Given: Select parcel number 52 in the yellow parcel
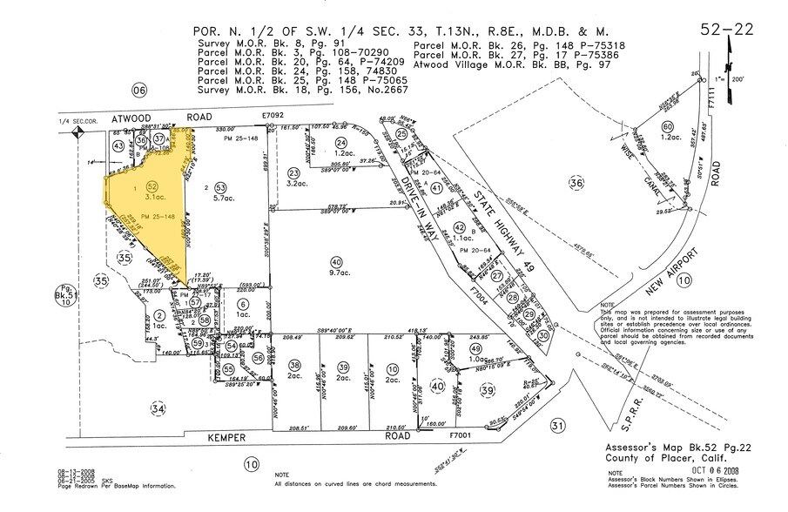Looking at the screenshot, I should pos(152,186).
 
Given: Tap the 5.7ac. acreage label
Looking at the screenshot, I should pos(221,199).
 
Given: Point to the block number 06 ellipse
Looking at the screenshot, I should pos(137,91).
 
